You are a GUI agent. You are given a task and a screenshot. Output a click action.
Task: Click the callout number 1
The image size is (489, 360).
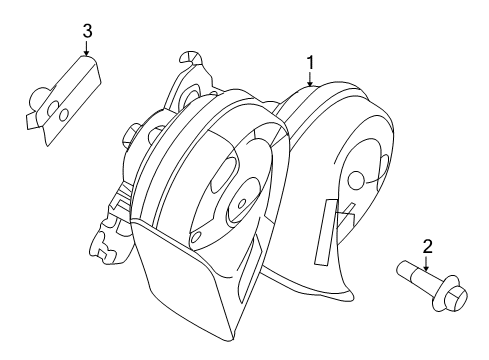tap(310, 63)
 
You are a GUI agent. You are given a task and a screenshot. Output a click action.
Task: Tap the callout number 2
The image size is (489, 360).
tap(427, 247)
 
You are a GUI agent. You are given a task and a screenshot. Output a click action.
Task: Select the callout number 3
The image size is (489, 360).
tap(87, 31)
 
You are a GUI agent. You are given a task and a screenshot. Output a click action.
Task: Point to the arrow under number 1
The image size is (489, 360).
tap(310, 79)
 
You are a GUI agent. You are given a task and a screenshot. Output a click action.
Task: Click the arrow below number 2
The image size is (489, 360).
tap(426, 263)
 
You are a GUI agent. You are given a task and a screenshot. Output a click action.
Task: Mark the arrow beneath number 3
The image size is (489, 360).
tap(87, 48)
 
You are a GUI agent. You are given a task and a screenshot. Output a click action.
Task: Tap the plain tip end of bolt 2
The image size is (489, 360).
tap(402, 267)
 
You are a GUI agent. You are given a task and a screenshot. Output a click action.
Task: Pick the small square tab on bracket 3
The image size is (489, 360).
tap(33, 121)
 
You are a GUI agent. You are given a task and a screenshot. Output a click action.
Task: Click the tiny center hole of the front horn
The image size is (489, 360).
tap(242, 202)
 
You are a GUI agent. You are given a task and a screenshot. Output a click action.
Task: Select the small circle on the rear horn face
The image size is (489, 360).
tap(356, 179)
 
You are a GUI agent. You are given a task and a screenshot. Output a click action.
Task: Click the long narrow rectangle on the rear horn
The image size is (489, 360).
tap(325, 233)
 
